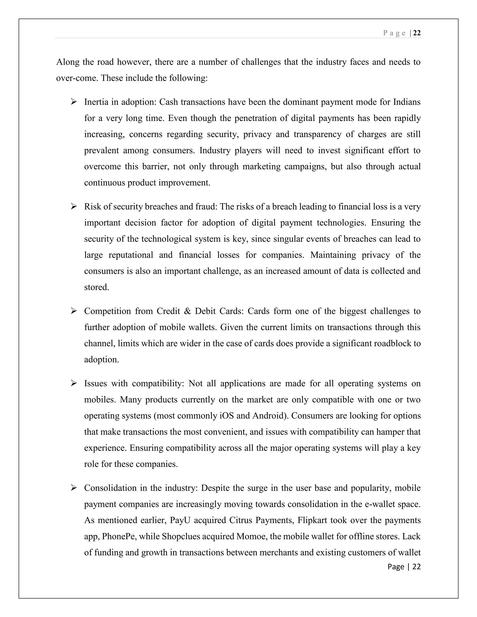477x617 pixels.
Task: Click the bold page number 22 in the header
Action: [x=417, y=33]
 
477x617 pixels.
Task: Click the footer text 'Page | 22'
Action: [x=404, y=566]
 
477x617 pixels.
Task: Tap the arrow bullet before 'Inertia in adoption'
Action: [x=74, y=102]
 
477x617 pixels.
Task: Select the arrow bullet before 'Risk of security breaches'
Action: [x=74, y=207]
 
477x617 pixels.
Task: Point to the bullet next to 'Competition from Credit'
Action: [x=74, y=311]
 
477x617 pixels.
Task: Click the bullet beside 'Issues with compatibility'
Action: [x=74, y=383]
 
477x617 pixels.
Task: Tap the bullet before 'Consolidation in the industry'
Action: [x=74, y=488]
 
